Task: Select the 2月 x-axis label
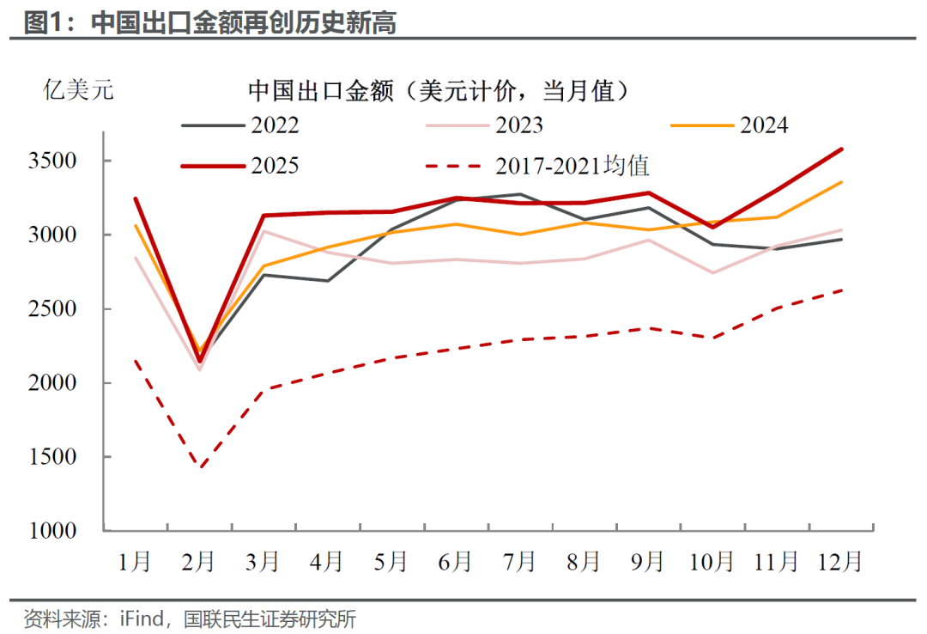tap(199, 562)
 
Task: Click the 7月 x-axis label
tap(519, 562)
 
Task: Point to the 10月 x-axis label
tap(712, 562)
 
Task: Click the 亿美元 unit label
tap(78, 89)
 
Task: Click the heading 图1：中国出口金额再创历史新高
tap(210, 22)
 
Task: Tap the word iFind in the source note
tap(132, 618)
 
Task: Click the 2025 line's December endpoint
tap(841, 149)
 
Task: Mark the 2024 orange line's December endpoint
tap(841, 182)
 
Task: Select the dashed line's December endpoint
tap(841, 290)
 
